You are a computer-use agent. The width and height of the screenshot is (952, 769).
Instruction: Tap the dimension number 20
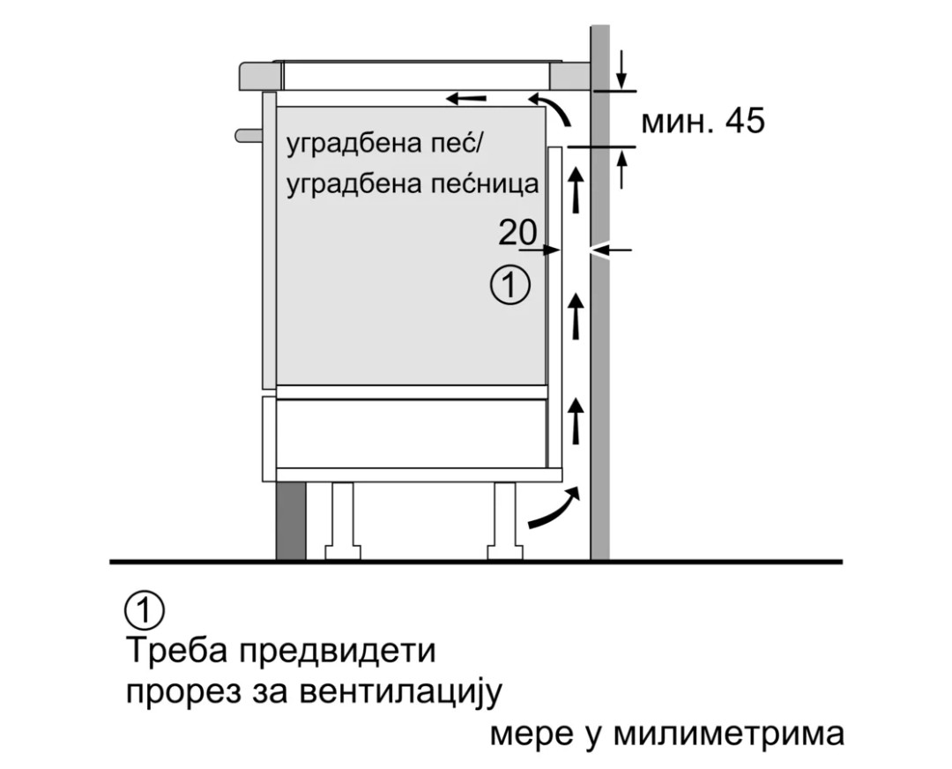(x=518, y=233)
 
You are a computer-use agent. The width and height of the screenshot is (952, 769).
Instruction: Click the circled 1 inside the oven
(x=510, y=286)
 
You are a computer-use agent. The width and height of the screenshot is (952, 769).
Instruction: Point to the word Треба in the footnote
(x=176, y=651)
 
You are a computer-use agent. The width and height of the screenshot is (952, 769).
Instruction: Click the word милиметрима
(x=729, y=734)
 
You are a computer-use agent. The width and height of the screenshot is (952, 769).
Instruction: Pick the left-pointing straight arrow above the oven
(x=466, y=98)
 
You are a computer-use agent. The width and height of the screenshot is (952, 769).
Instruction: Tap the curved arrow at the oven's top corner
(x=549, y=109)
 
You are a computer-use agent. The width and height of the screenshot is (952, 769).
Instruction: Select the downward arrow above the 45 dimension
(x=621, y=71)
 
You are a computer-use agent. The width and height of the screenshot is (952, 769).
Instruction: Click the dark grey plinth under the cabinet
(x=291, y=520)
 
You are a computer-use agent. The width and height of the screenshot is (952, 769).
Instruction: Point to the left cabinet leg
(x=342, y=521)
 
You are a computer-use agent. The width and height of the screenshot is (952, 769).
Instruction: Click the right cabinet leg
(x=505, y=521)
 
